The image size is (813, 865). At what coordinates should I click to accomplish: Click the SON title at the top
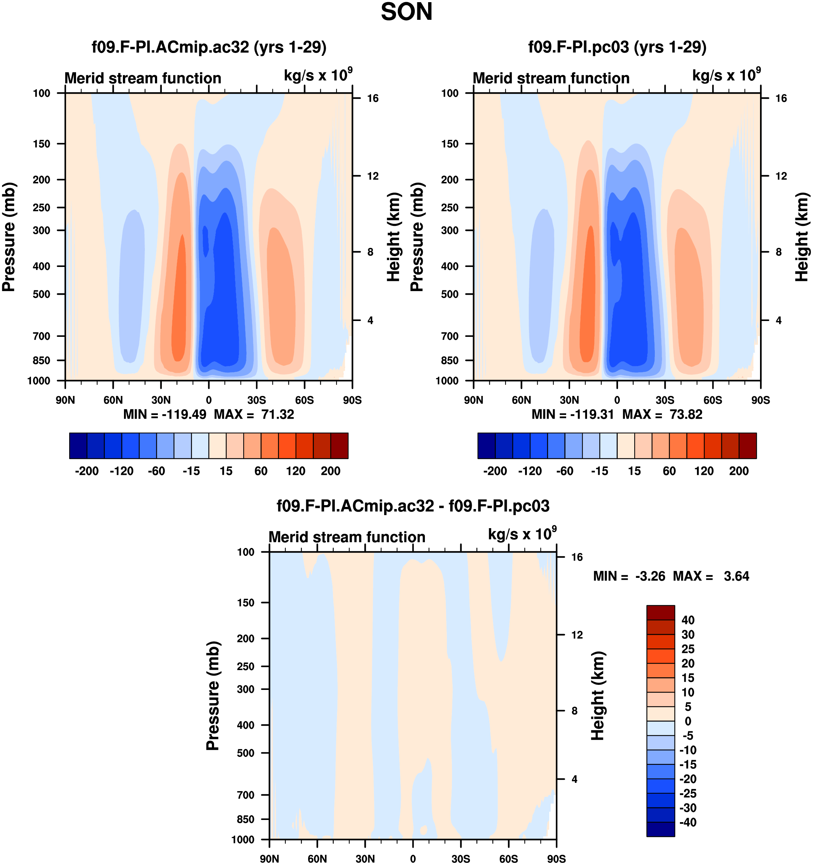point(406,12)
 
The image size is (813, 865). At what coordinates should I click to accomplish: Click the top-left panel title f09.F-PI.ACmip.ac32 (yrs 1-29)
point(209,47)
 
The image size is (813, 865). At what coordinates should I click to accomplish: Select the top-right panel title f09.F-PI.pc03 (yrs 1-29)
point(617,47)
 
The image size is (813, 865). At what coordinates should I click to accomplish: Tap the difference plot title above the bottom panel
point(413,506)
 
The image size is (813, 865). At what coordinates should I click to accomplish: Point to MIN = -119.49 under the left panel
point(165,414)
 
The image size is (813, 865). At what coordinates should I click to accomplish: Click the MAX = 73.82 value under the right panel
point(662,414)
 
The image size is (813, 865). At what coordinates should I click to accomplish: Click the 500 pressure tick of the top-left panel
point(42,294)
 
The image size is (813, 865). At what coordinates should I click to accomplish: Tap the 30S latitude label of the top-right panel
point(665,400)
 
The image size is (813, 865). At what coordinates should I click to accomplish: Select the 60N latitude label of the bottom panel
point(317,859)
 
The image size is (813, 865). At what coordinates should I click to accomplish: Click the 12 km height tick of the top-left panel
point(373,176)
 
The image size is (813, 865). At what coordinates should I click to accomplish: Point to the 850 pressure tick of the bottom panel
point(246,819)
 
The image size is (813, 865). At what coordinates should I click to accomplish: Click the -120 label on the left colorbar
point(121,471)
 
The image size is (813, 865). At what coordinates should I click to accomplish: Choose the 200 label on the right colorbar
point(738,471)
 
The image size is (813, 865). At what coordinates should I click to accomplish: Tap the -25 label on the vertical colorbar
point(688,793)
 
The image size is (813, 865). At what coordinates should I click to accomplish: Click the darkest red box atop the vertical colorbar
point(661,612)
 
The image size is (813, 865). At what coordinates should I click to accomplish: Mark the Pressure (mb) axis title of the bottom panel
point(213,696)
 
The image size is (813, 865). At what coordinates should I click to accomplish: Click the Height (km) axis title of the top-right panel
point(802,237)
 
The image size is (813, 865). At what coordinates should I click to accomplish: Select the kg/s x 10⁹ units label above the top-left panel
point(318,75)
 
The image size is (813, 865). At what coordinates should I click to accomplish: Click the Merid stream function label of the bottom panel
point(347,537)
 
